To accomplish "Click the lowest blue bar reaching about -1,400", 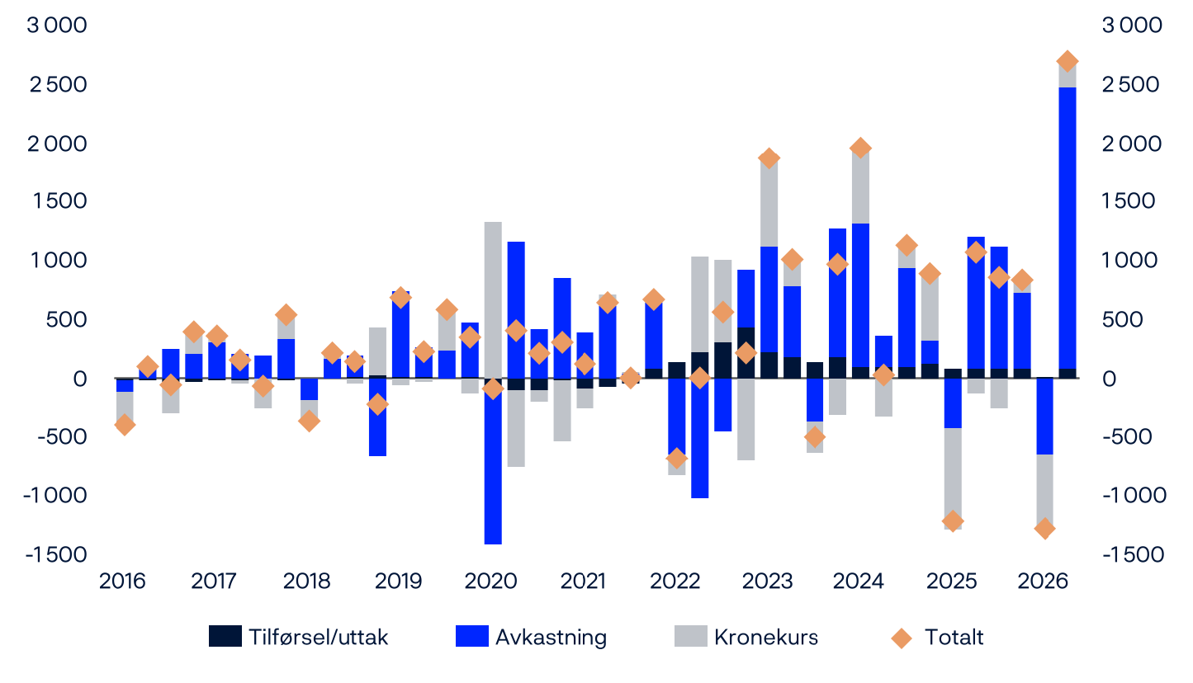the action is pos(493,461).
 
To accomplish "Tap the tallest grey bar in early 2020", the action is pos(493,300).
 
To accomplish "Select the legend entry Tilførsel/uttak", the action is pos(298,637).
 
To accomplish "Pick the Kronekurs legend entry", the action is pos(746,637).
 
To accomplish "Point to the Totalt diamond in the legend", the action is pos(902,638).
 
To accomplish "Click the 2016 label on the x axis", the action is pos(122,581).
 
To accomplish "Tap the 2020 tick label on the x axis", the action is pos(490,581).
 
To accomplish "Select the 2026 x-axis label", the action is pos(1043,581).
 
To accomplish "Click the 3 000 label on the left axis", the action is pos(57,25).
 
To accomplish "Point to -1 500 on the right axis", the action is pos(1134,555).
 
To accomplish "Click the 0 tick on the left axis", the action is pos(80,379).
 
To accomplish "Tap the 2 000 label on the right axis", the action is pos(1132,144).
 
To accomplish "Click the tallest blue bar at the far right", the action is pos(1068,228).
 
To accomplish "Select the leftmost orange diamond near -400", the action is pos(125,425).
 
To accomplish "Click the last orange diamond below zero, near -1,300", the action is pos(1044,529).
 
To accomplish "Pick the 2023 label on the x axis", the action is pos(768,581).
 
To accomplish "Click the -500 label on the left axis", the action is pos(62,436).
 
